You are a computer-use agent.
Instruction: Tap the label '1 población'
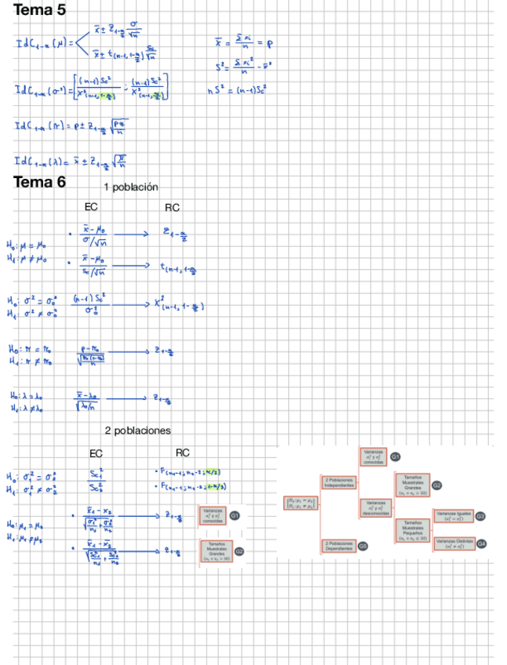131,187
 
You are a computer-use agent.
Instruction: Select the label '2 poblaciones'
137,431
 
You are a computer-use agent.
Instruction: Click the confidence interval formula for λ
71,161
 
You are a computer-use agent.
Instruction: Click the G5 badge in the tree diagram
363,545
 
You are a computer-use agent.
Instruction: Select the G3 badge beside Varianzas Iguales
480,516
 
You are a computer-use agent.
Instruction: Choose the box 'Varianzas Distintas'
454,544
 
